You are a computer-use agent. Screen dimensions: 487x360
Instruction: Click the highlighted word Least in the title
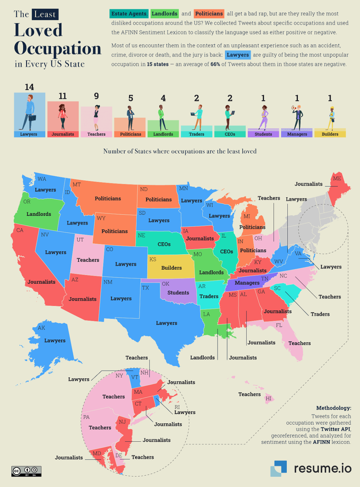pos(45,14)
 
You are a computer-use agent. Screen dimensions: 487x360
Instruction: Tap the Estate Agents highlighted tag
pos(129,14)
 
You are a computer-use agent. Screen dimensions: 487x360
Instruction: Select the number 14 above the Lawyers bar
pos(29,87)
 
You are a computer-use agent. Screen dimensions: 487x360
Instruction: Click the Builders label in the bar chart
pos(330,134)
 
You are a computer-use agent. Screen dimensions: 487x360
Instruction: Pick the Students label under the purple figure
pos(263,134)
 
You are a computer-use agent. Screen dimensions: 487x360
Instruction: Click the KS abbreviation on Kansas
pos(153,259)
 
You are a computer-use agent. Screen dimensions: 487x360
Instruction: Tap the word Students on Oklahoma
pos(178,293)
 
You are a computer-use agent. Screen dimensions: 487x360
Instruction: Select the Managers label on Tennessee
pos(247,283)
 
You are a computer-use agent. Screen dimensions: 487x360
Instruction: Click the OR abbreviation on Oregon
pos(27,202)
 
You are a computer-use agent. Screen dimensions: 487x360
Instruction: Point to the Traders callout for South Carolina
pos(320,314)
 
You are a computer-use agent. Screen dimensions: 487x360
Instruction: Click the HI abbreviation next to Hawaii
pos(268,399)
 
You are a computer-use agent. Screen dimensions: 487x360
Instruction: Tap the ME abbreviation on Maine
pos(337,179)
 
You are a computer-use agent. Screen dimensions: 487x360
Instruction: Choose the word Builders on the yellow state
pos(171,268)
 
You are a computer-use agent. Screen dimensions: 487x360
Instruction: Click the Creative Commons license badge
pos(27,471)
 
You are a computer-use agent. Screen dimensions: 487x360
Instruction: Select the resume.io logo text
pos(323,468)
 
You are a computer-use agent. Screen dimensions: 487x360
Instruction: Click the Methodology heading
pos(334,408)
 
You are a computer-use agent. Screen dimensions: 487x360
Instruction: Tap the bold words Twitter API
pos(336,429)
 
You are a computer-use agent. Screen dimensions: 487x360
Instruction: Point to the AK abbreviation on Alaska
pos(42,328)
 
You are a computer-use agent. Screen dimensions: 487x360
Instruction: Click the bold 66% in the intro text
pos(215,64)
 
